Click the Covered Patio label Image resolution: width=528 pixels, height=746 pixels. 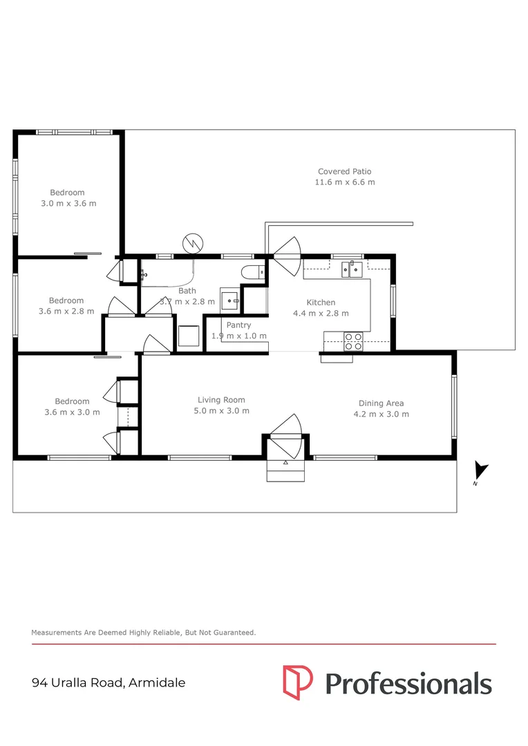[345, 171]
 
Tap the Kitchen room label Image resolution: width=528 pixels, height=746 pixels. [321, 302]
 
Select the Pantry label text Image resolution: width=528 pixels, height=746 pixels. [238, 325]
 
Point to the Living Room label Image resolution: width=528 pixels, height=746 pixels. [221, 400]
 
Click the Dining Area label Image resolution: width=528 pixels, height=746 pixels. [381, 403]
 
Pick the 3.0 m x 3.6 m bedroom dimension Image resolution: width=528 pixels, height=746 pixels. [68, 203]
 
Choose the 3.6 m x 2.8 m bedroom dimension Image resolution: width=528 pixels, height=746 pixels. [66, 311]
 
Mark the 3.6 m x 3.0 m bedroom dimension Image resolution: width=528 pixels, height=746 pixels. [72, 412]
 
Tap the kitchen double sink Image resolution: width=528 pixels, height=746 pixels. [352, 269]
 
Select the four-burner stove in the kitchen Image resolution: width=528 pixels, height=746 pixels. [353, 342]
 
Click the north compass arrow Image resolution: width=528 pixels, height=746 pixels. [480, 470]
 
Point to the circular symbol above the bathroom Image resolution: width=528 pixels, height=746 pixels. [193, 244]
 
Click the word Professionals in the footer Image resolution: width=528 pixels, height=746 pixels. [408, 684]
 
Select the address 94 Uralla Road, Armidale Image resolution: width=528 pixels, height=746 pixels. [109, 682]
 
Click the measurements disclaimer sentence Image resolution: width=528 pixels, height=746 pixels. [143, 632]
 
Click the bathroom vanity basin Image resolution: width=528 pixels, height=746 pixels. [230, 300]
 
